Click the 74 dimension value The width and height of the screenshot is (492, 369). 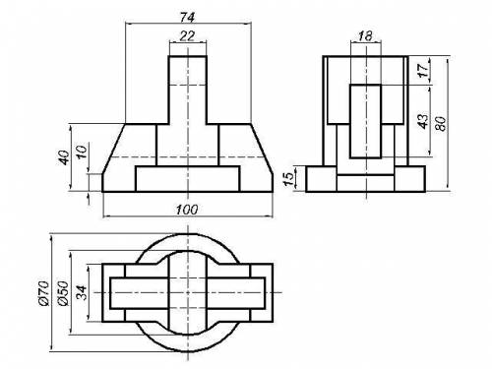point(187,17)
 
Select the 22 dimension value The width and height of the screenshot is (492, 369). point(187,35)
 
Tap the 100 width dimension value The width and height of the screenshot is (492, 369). point(187,210)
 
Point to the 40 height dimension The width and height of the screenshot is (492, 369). point(64,157)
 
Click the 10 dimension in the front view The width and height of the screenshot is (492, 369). point(82,152)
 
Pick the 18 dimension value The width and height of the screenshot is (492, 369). point(365,35)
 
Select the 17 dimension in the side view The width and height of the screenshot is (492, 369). point(424,70)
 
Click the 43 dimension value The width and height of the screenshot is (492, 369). point(424,121)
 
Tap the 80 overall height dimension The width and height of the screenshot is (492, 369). point(442,124)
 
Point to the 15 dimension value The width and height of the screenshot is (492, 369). point(288,179)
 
